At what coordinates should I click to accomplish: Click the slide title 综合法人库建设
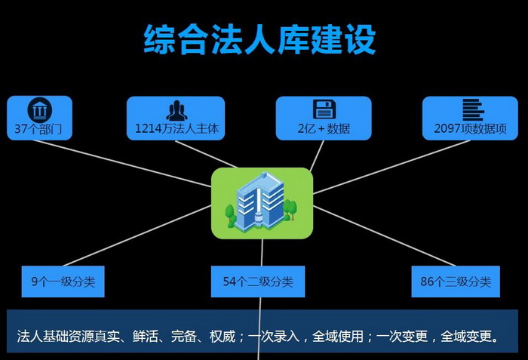(259, 40)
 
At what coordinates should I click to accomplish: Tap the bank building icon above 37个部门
(39, 110)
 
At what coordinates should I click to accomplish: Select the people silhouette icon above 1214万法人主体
(177, 110)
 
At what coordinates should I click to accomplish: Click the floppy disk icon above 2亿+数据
(324, 109)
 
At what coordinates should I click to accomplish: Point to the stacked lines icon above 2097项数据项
(473, 110)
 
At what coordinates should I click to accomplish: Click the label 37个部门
(38, 129)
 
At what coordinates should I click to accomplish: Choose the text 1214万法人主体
(177, 128)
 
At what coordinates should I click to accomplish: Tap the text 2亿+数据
(324, 128)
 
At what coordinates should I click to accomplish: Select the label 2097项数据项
(470, 128)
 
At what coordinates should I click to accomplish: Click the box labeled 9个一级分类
(63, 282)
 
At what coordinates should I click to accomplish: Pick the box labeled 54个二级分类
(258, 282)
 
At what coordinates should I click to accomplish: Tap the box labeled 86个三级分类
(456, 282)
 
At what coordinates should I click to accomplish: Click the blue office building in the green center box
(259, 202)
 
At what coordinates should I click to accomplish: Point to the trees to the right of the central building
(290, 210)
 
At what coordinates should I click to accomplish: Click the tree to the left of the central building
(231, 215)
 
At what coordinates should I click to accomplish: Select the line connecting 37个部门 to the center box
(122, 163)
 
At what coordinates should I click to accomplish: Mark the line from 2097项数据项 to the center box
(391, 168)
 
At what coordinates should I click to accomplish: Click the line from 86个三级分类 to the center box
(384, 236)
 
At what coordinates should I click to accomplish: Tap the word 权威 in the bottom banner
(223, 336)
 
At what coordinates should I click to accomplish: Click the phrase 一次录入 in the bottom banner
(273, 336)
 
